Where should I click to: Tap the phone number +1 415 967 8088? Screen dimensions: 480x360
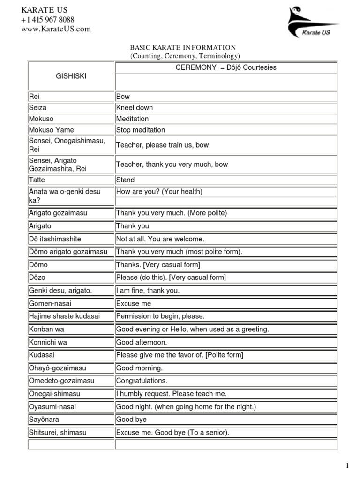point(47,20)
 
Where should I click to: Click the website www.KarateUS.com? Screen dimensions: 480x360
point(56,29)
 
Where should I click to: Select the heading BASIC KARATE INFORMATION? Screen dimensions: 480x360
point(182,48)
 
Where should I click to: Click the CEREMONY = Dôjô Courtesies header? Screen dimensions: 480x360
point(226,67)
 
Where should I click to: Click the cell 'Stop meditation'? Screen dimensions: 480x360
point(141,130)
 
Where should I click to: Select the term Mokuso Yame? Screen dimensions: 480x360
point(51,130)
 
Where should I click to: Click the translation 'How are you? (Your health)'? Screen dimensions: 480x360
point(159,191)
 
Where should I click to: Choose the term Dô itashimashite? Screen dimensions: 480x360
point(55,239)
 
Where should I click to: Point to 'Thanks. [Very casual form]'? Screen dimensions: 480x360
point(157,265)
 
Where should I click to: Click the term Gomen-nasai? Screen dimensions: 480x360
point(50,304)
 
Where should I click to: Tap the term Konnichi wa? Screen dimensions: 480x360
point(48,342)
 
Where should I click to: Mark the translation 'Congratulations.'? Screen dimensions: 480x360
point(142,381)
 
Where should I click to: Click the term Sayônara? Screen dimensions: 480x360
point(44,420)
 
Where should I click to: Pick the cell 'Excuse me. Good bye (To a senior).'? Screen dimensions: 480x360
point(172,433)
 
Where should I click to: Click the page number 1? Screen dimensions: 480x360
point(347,465)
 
